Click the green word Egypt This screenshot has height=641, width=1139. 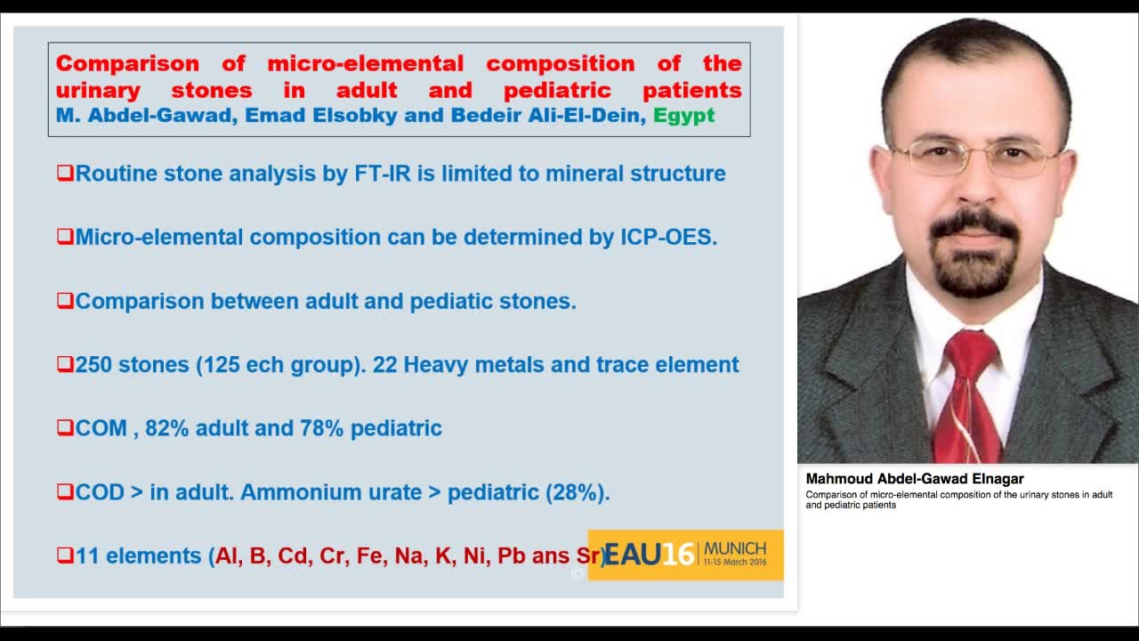tap(683, 116)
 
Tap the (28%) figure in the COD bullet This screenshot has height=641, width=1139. tap(577, 492)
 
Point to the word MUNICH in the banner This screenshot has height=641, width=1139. tap(735, 548)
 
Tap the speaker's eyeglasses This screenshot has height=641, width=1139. tap(975, 158)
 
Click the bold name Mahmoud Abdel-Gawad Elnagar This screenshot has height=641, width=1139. tap(915, 479)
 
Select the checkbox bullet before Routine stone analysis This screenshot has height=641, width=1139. tap(65, 173)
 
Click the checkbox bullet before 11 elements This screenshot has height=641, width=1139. tap(65, 555)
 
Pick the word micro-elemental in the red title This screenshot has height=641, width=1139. tap(366, 64)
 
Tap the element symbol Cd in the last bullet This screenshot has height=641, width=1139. tap(293, 556)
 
